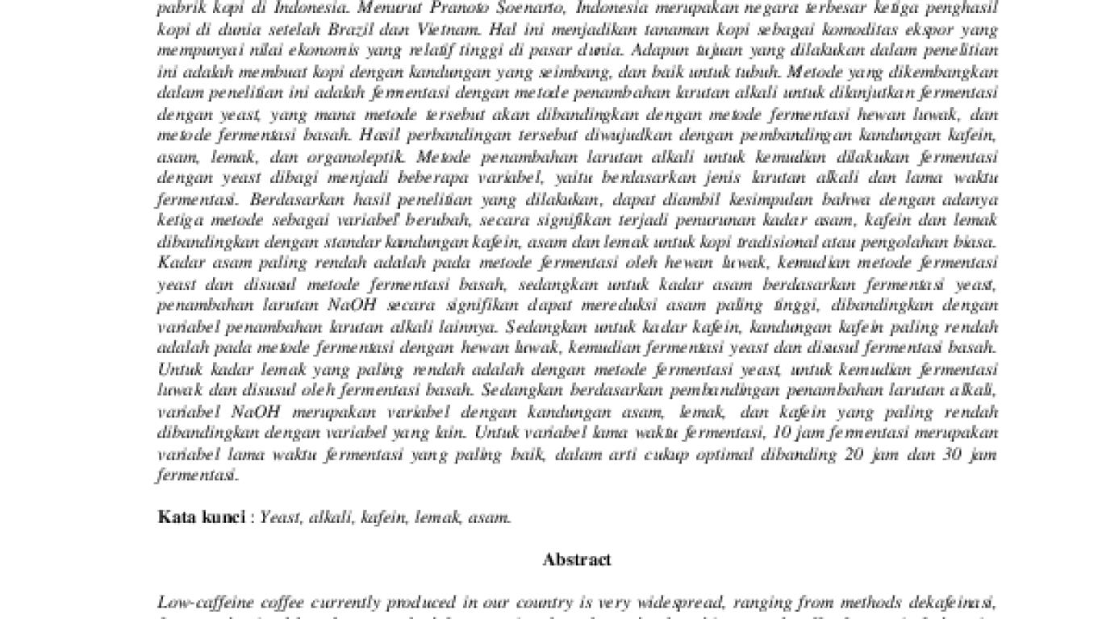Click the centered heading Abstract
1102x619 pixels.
[x=577, y=559]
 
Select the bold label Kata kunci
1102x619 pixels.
[x=201, y=517]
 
